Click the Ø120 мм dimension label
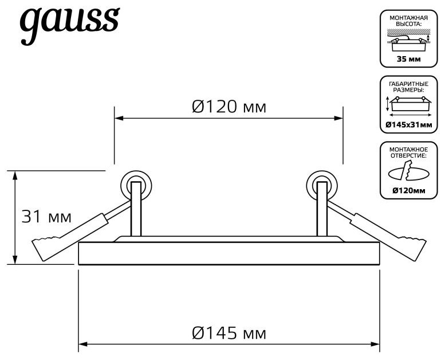click(229, 107)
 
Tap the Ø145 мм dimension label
click(229, 334)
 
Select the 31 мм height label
click(46, 217)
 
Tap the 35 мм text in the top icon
click(409, 59)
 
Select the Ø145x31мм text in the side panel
click(409, 125)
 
